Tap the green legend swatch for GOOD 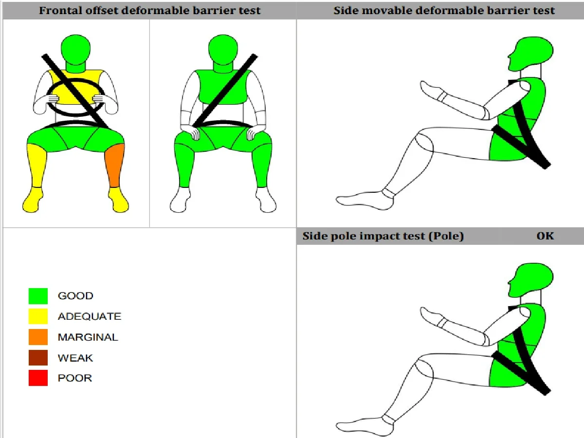pos(38,296)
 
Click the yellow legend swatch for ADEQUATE pos(38,316)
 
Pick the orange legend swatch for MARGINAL pos(38,337)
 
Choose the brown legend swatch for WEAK pos(38,358)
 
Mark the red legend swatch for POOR pos(38,378)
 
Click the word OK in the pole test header pos(545,236)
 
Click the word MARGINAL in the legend pos(88,337)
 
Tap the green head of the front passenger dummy pos(223,50)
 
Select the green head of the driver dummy pos(75,50)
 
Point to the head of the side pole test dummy pos(530,280)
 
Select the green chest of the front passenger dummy pos(223,87)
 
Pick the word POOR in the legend pos(75,378)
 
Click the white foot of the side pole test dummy pos(365,427)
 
